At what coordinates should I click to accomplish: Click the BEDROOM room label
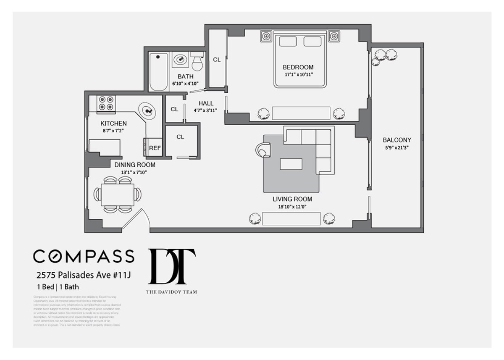298,67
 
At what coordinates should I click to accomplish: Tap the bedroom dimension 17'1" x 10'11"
298,74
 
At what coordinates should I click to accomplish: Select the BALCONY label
397,140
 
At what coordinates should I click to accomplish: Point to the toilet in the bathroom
197,62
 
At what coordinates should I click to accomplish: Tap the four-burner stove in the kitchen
106,104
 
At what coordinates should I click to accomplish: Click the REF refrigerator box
155,148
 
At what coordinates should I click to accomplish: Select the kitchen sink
147,111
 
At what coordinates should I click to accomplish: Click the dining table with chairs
118,194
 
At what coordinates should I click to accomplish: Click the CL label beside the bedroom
217,60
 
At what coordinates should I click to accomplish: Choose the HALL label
206,103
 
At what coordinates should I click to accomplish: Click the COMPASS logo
84,256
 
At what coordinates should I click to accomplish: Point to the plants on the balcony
384,56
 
